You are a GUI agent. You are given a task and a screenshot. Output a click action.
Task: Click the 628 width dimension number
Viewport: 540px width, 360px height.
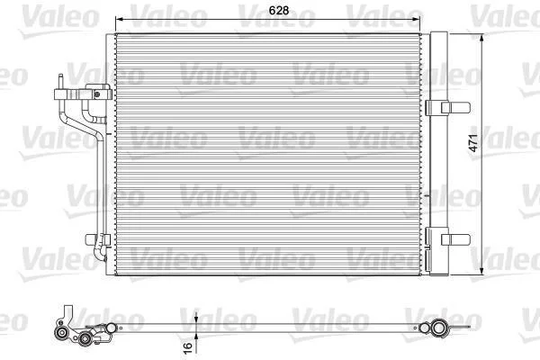(279, 10)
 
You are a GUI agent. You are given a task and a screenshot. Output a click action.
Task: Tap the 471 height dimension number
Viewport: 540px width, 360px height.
(473, 143)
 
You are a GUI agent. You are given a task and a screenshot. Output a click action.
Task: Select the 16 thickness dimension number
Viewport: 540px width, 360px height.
(188, 347)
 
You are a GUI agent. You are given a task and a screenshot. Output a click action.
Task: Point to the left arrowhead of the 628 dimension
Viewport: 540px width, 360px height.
(119, 19)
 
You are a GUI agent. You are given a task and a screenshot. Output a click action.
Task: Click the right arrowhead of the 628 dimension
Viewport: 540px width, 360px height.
(417, 19)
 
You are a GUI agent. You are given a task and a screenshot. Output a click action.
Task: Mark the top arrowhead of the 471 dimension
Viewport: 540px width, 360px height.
(481, 38)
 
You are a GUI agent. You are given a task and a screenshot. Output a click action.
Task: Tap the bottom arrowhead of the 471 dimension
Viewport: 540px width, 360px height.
(481, 271)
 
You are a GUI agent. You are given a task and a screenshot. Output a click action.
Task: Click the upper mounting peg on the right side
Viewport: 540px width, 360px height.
(455, 107)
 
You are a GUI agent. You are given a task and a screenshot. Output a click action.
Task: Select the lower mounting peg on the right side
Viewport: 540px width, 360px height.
(455, 239)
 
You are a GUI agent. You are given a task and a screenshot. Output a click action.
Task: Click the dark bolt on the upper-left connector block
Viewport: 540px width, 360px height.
(97, 94)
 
